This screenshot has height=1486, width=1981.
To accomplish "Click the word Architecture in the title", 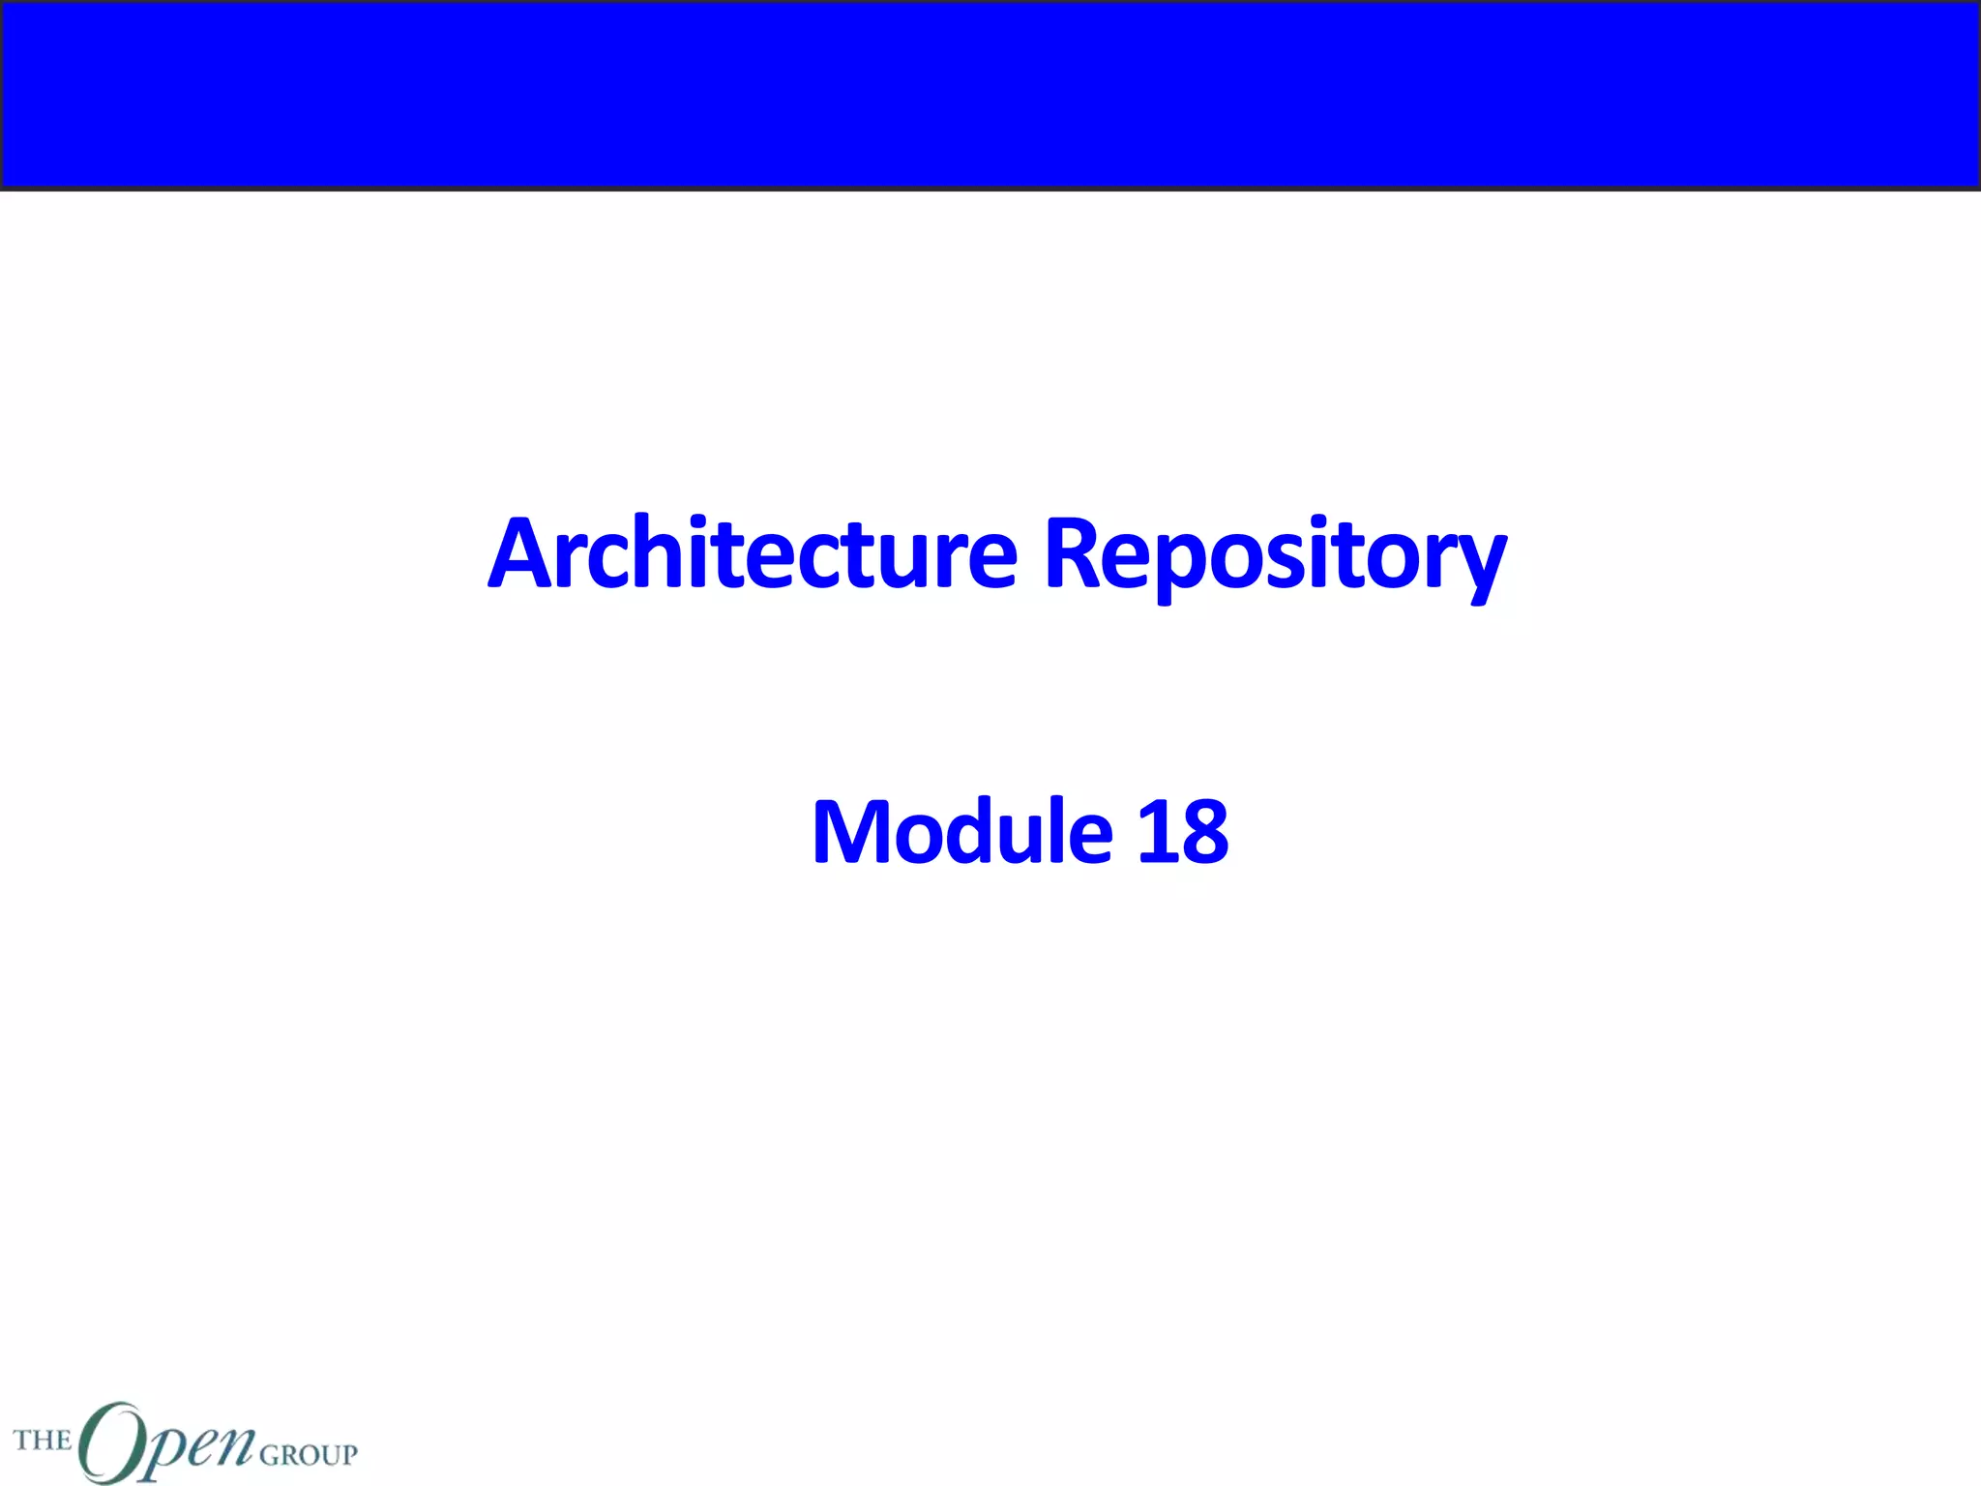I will (753, 555).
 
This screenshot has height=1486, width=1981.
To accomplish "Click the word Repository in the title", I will (1275, 555).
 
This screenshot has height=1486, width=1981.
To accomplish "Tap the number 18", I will (1182, 832).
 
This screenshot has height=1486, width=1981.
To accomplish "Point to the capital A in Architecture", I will (525, 553).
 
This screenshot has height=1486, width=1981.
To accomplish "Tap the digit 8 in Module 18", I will (1203, 832).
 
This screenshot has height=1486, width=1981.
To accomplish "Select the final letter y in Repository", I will (1478, 566).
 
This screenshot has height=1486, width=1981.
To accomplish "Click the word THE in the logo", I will (43, 1440).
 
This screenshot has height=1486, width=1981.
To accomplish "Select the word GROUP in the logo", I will (308, 1454).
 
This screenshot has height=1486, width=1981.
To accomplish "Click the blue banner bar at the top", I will (990, 94).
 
